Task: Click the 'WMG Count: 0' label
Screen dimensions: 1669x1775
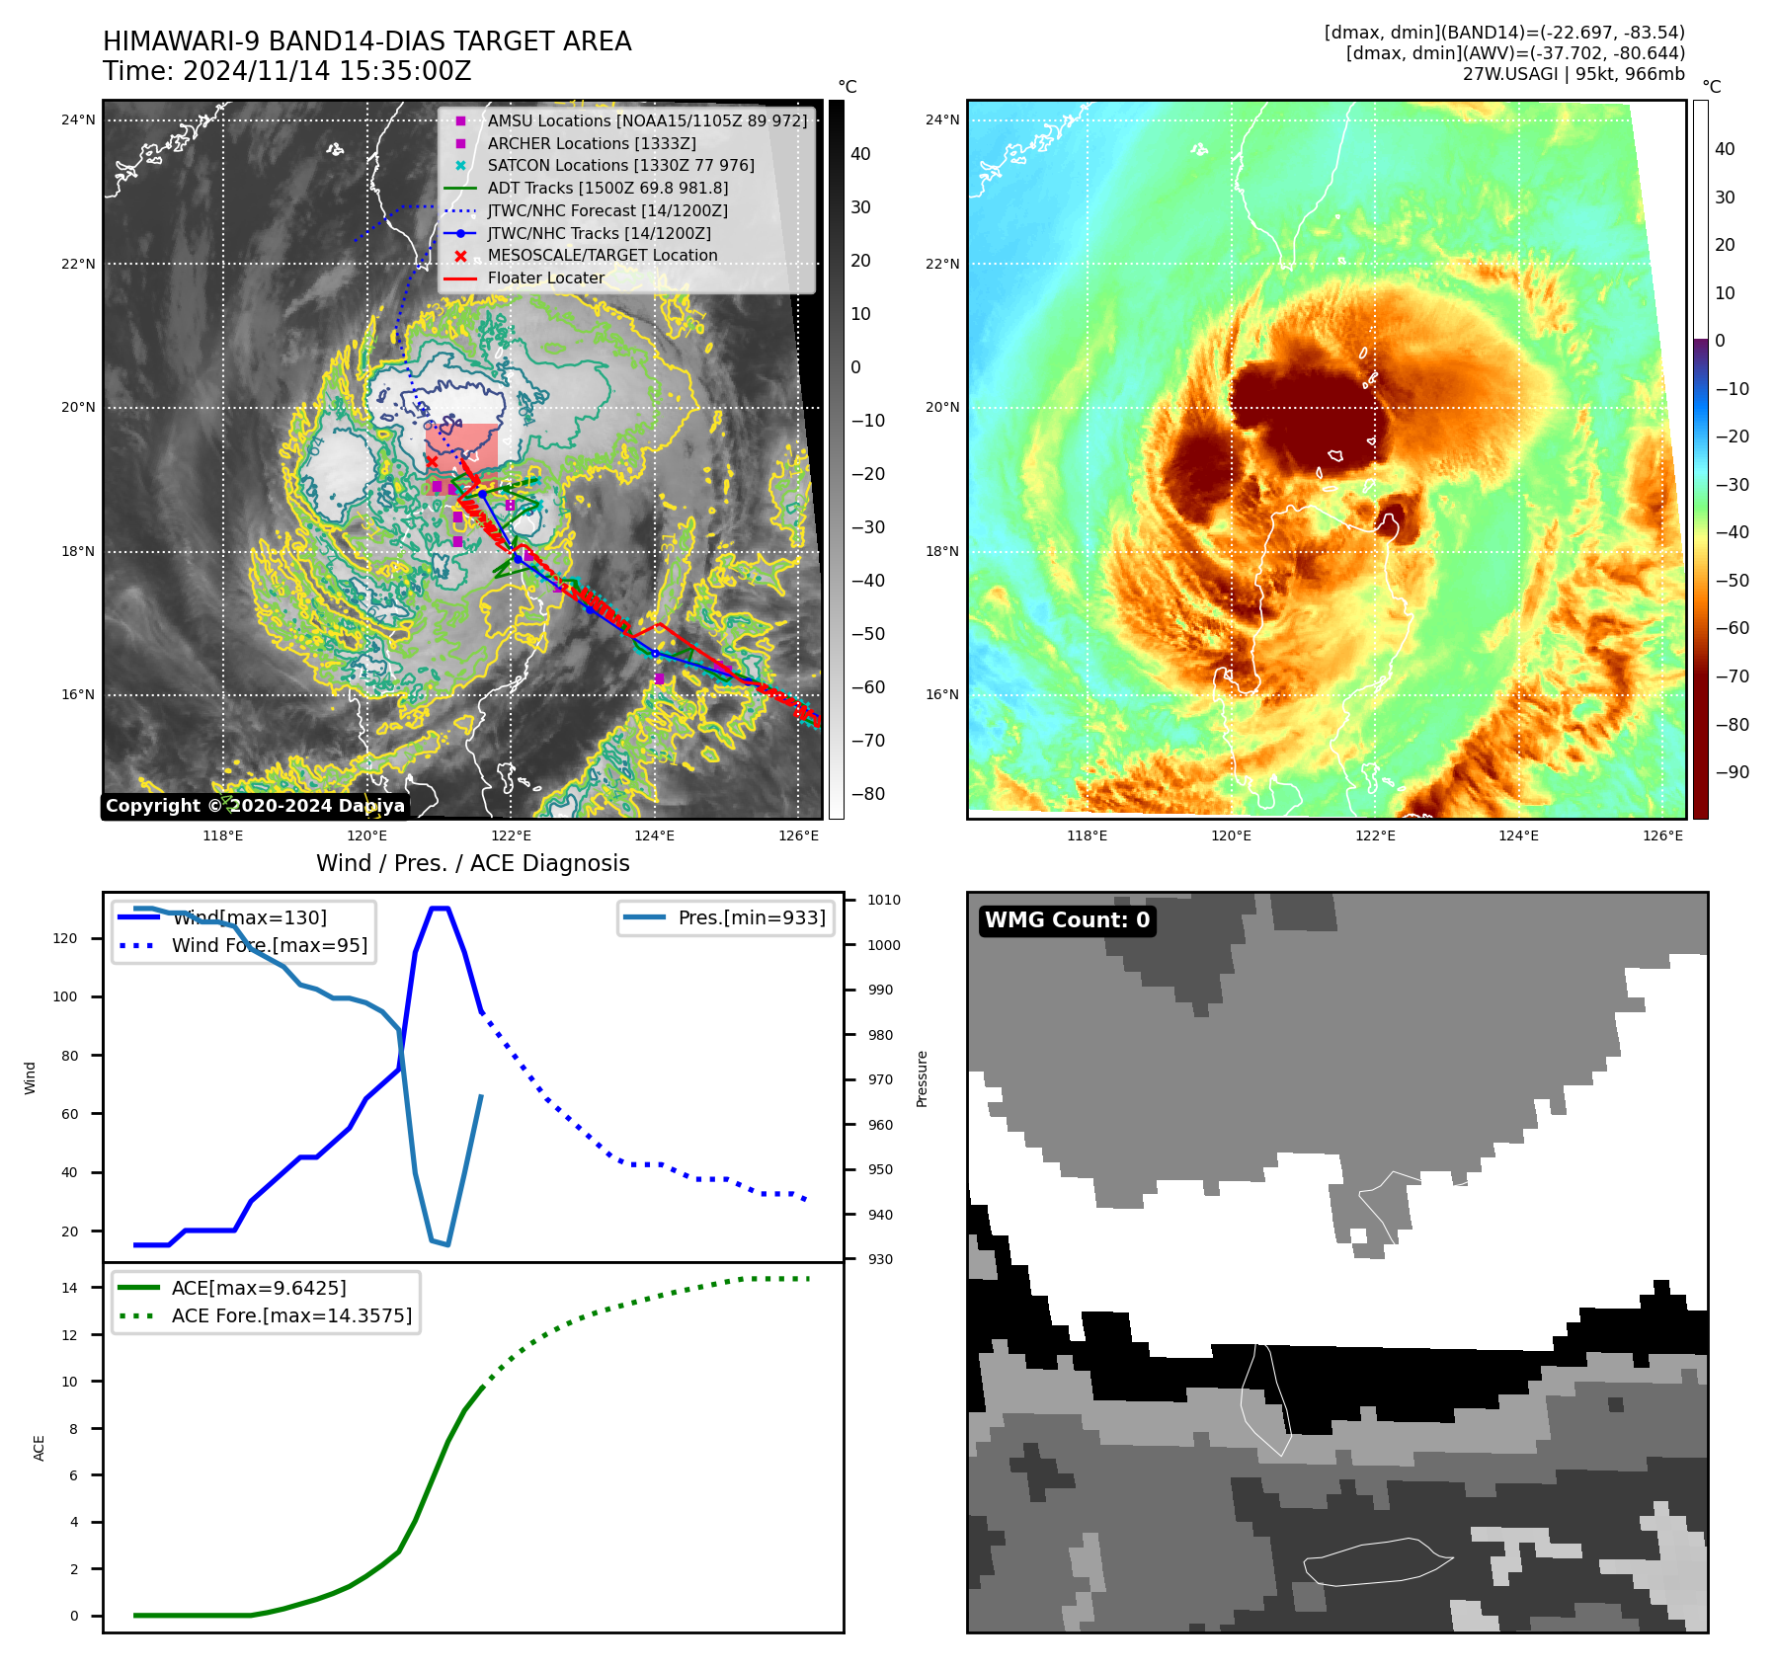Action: [x=1067, y=920]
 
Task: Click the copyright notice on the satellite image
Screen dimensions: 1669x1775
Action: [x=255, y=806]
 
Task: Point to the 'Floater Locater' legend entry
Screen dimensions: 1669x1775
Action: [x=545, y=278]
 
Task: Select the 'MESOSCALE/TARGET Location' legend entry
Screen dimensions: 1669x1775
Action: [x=602, y=255]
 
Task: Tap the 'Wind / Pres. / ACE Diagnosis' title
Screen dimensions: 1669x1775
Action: [x=472, y=863]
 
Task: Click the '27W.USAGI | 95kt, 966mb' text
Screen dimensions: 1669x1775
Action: [x=1573, y=74]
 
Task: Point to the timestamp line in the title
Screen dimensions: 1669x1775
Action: [x=286, y=71]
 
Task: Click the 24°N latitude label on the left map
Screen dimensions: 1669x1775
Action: [x=78, y=120]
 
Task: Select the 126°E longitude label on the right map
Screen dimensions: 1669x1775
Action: [x=1662, y=835]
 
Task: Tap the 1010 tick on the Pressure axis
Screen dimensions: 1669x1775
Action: [x=884, y=900]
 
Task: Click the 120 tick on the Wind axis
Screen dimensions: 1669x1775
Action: [x=64, y=938]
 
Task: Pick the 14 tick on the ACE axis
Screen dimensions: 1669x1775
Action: [x=69, y=1288]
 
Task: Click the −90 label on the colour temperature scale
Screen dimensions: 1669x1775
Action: [x=1732, y=772]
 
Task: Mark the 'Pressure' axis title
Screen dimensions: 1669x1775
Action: [x=922, y=1078]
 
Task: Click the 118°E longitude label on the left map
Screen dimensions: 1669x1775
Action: [x=223, y=835]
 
